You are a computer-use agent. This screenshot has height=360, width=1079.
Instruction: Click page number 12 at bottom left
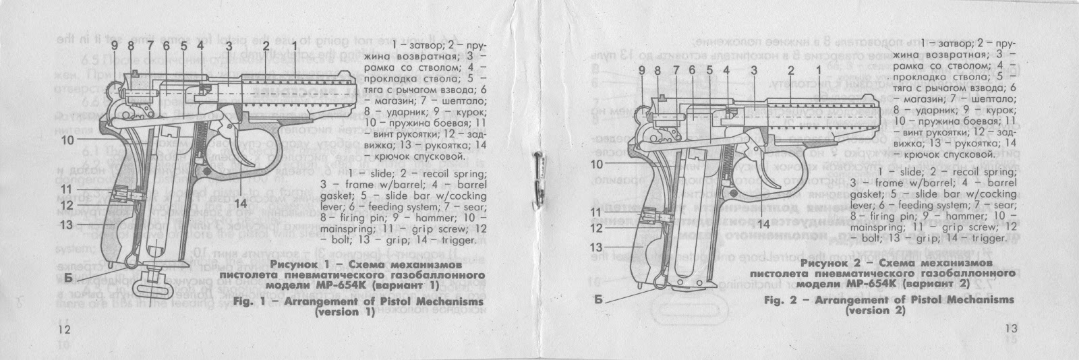64,329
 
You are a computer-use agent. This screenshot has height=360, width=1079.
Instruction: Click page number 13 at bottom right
1010,328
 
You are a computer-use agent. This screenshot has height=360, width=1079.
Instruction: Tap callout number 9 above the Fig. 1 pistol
115,46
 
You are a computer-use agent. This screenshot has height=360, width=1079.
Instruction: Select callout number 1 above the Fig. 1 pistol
295,46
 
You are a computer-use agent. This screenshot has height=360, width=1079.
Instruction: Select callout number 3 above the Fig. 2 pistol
753,69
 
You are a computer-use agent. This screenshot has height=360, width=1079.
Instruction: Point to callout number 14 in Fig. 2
763,224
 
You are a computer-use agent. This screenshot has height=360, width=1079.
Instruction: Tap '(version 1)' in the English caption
345,313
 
